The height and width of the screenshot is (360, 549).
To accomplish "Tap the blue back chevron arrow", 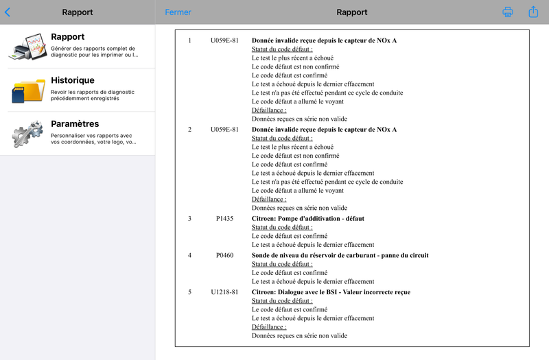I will (x=8, y=12).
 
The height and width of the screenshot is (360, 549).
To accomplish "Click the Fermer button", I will (x=178, y=12).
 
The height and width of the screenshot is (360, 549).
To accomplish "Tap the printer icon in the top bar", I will (x=508, y=12).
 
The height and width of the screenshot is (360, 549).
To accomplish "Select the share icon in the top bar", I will (x=533, y=12).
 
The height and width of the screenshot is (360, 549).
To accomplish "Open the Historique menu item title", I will (x=73, y=80).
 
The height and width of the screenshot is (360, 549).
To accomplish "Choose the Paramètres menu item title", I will (x=75, y=124).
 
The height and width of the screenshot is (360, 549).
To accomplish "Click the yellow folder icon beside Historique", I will (x=28, y=90).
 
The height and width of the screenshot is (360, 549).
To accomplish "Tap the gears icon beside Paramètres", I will (x=28, y=134).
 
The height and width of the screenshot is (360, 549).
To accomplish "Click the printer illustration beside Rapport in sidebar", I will (x=28, y=46).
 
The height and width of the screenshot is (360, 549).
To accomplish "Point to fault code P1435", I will (x=224, y=219).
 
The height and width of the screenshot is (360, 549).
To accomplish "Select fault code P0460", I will (x=224, y=256).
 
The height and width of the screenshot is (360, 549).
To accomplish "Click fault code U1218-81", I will (x=224, y=292).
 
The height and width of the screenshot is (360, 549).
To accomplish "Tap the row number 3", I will (x=190, y=219).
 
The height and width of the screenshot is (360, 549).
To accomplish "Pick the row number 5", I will (x=190, y=292).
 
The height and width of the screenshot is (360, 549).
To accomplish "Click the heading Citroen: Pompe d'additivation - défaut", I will (x=308, y=219).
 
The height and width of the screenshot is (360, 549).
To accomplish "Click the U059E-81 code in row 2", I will (x=224, y=130).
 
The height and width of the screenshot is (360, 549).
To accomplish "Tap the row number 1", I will (x=190, y=40).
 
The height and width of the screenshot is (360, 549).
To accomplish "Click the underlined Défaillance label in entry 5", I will (x=269, y=327).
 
